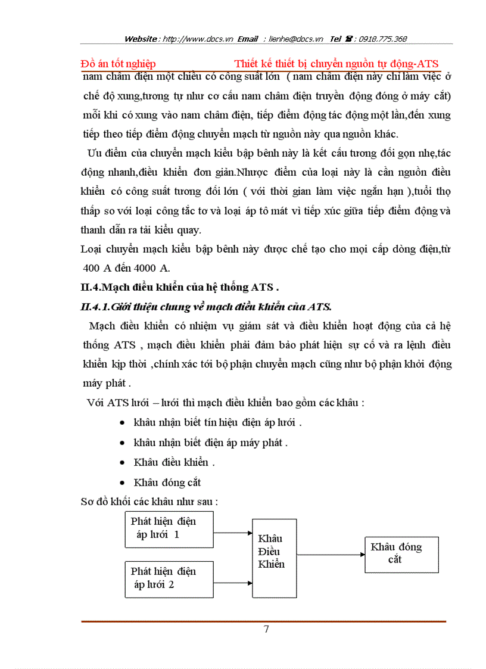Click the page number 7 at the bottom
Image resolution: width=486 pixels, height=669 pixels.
266,630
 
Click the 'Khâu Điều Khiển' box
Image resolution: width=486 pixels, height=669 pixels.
275,558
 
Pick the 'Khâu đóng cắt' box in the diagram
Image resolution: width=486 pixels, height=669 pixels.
401,554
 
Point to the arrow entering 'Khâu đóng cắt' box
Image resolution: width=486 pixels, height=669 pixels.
331,555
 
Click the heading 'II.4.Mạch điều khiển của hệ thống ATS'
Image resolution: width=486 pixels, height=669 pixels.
179,287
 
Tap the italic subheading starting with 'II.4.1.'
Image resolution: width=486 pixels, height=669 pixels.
205,306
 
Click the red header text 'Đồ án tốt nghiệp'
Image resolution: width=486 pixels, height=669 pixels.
118,64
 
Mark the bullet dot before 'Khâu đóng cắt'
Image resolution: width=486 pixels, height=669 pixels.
122,482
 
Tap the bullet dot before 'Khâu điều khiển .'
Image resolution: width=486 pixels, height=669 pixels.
122,462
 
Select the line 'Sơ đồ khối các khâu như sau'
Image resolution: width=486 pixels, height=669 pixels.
149,502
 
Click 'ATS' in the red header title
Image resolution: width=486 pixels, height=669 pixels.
428,64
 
